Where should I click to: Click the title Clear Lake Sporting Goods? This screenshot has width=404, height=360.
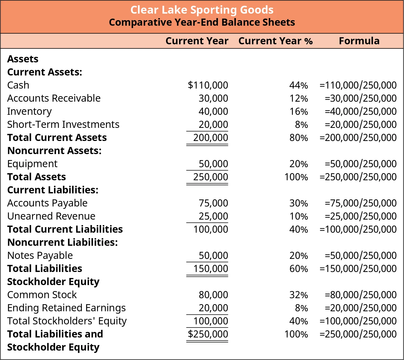202,10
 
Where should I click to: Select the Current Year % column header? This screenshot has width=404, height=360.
275,41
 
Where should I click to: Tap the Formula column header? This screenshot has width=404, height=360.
359,41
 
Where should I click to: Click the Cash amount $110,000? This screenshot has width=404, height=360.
208,85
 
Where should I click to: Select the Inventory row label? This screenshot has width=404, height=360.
29,111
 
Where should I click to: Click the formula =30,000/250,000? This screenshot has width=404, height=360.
360,98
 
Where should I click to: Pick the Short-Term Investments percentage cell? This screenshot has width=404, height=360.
301,124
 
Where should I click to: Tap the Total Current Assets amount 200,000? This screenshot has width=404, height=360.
211,138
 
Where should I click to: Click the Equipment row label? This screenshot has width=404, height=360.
32,164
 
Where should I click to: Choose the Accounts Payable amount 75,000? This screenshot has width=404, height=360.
213,203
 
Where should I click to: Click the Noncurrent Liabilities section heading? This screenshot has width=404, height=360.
62,242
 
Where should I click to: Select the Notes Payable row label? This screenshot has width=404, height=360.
40,255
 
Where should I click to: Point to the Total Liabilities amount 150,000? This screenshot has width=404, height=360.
211,269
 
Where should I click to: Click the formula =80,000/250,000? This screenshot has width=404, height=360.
360,295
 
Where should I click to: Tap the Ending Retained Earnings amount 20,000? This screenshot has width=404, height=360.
213,308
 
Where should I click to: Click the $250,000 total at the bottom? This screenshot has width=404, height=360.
208,334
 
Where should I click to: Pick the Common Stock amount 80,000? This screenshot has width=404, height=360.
213,295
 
